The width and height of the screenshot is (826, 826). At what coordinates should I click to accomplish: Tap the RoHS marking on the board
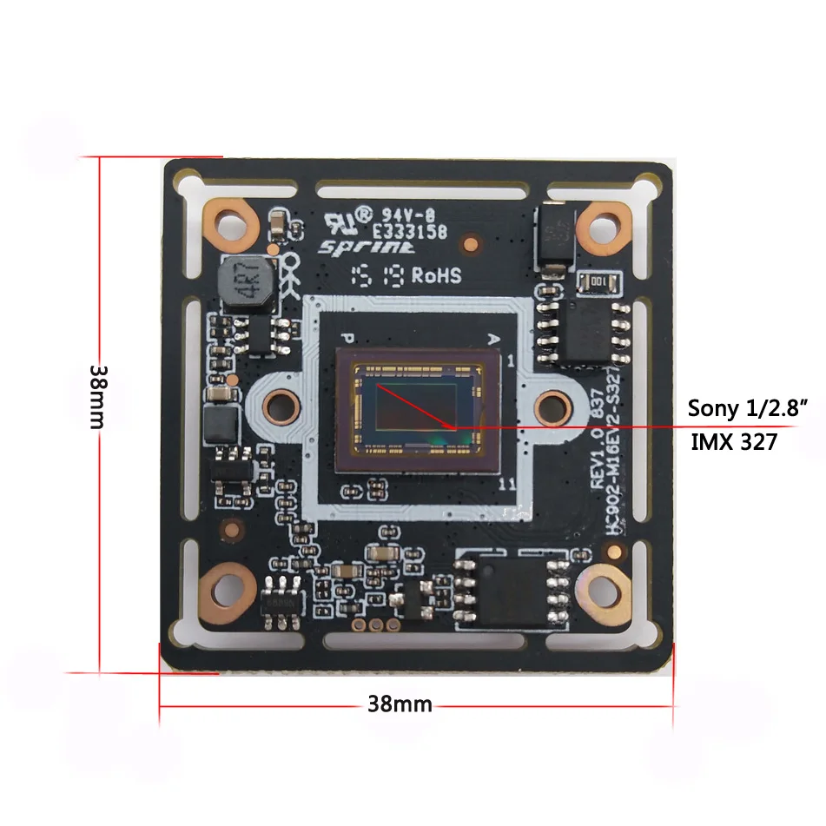436,275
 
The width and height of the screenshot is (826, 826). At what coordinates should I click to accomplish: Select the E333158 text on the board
410,232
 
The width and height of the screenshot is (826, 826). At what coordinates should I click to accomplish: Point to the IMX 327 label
734,442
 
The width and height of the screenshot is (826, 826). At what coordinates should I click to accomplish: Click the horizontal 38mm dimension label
400,704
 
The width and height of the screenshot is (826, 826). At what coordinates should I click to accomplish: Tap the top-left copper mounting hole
230,226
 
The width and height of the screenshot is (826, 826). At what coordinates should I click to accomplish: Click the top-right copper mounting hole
603,228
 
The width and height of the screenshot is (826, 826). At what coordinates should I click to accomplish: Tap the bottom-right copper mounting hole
603,591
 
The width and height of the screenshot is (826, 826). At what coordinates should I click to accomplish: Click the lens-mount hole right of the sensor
549,404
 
